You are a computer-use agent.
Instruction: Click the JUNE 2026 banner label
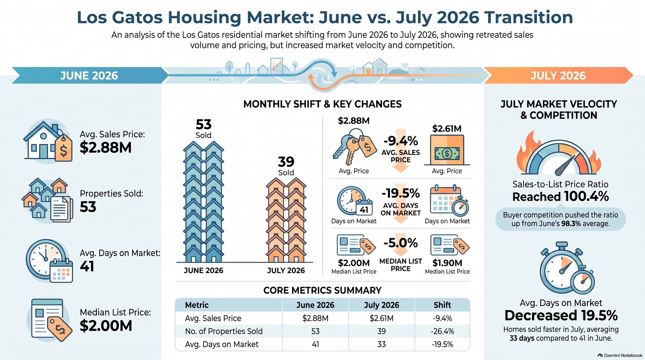click(89, 76)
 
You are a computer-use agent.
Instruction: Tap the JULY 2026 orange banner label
click(558, 76)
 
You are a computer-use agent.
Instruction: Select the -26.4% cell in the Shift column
click(442, 331)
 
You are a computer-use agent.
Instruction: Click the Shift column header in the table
click(442, 305)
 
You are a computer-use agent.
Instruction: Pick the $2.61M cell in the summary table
click(381, 318)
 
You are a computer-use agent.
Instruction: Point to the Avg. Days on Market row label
click(222, 344)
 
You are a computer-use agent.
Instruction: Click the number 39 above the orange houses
click(286, 162)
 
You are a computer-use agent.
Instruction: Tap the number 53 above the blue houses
click(204, 124)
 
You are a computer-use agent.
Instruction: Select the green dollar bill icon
click(447, 153)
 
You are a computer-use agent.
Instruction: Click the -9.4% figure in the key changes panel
click(401, 141)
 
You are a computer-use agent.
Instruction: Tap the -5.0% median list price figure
click(401, 243)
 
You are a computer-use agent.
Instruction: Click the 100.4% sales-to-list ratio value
click(587, 197)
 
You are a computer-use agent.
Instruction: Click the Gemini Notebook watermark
click(620, 355)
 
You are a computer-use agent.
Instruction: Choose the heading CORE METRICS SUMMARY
click(322, 290)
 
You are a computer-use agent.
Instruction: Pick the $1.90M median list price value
click(447, 263)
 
